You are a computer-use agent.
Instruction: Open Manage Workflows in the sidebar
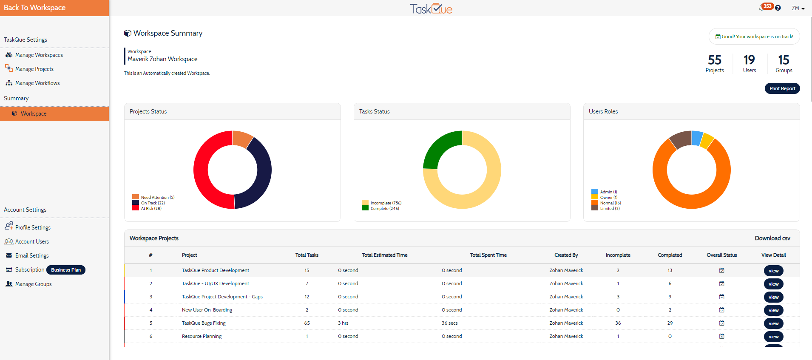pos(37,83)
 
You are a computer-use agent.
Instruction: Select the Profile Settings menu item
pos(33,227)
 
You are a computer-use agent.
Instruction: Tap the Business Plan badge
pos(66,270)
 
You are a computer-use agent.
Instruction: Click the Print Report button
pos(782,88)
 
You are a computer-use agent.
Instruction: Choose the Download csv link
pos(772,238)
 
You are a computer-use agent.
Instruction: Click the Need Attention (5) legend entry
pos(153,197)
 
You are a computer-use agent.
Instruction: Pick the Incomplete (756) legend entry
pos(382,203)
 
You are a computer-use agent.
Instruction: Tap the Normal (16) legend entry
pos(606,203)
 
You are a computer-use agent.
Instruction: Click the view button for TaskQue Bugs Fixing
pos(773,323)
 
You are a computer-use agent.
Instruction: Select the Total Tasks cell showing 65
pos(307,323)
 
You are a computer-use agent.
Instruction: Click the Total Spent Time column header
pos(488,255)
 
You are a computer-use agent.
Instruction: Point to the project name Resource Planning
pos(202,336)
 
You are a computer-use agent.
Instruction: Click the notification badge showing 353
pos(767,6)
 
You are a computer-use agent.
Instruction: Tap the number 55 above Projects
pos(715,60)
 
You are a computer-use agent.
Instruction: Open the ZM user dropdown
pos(798,8)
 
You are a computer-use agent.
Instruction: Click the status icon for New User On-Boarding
pos(721,310)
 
